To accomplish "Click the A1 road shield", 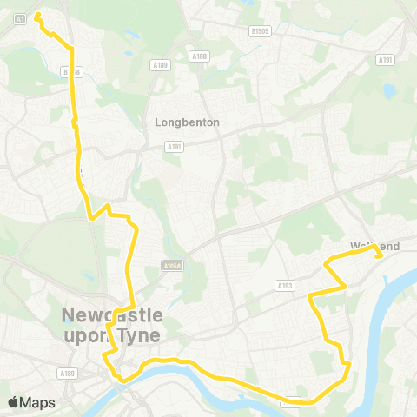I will (x=19, y=17).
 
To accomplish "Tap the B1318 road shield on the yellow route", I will (x=71, y=71).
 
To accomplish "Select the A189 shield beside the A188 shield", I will (x=159, y=64).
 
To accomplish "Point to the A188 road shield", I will (x=200, y=56).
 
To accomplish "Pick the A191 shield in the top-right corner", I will (x=385, y=59).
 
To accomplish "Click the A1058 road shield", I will (x=170, y=267).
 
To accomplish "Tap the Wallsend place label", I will (x=375, y=247).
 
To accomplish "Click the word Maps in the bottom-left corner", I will (x=38, y=402).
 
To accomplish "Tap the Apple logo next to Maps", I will (x=14, y=401).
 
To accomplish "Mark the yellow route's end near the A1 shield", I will (x=37, y=15).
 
